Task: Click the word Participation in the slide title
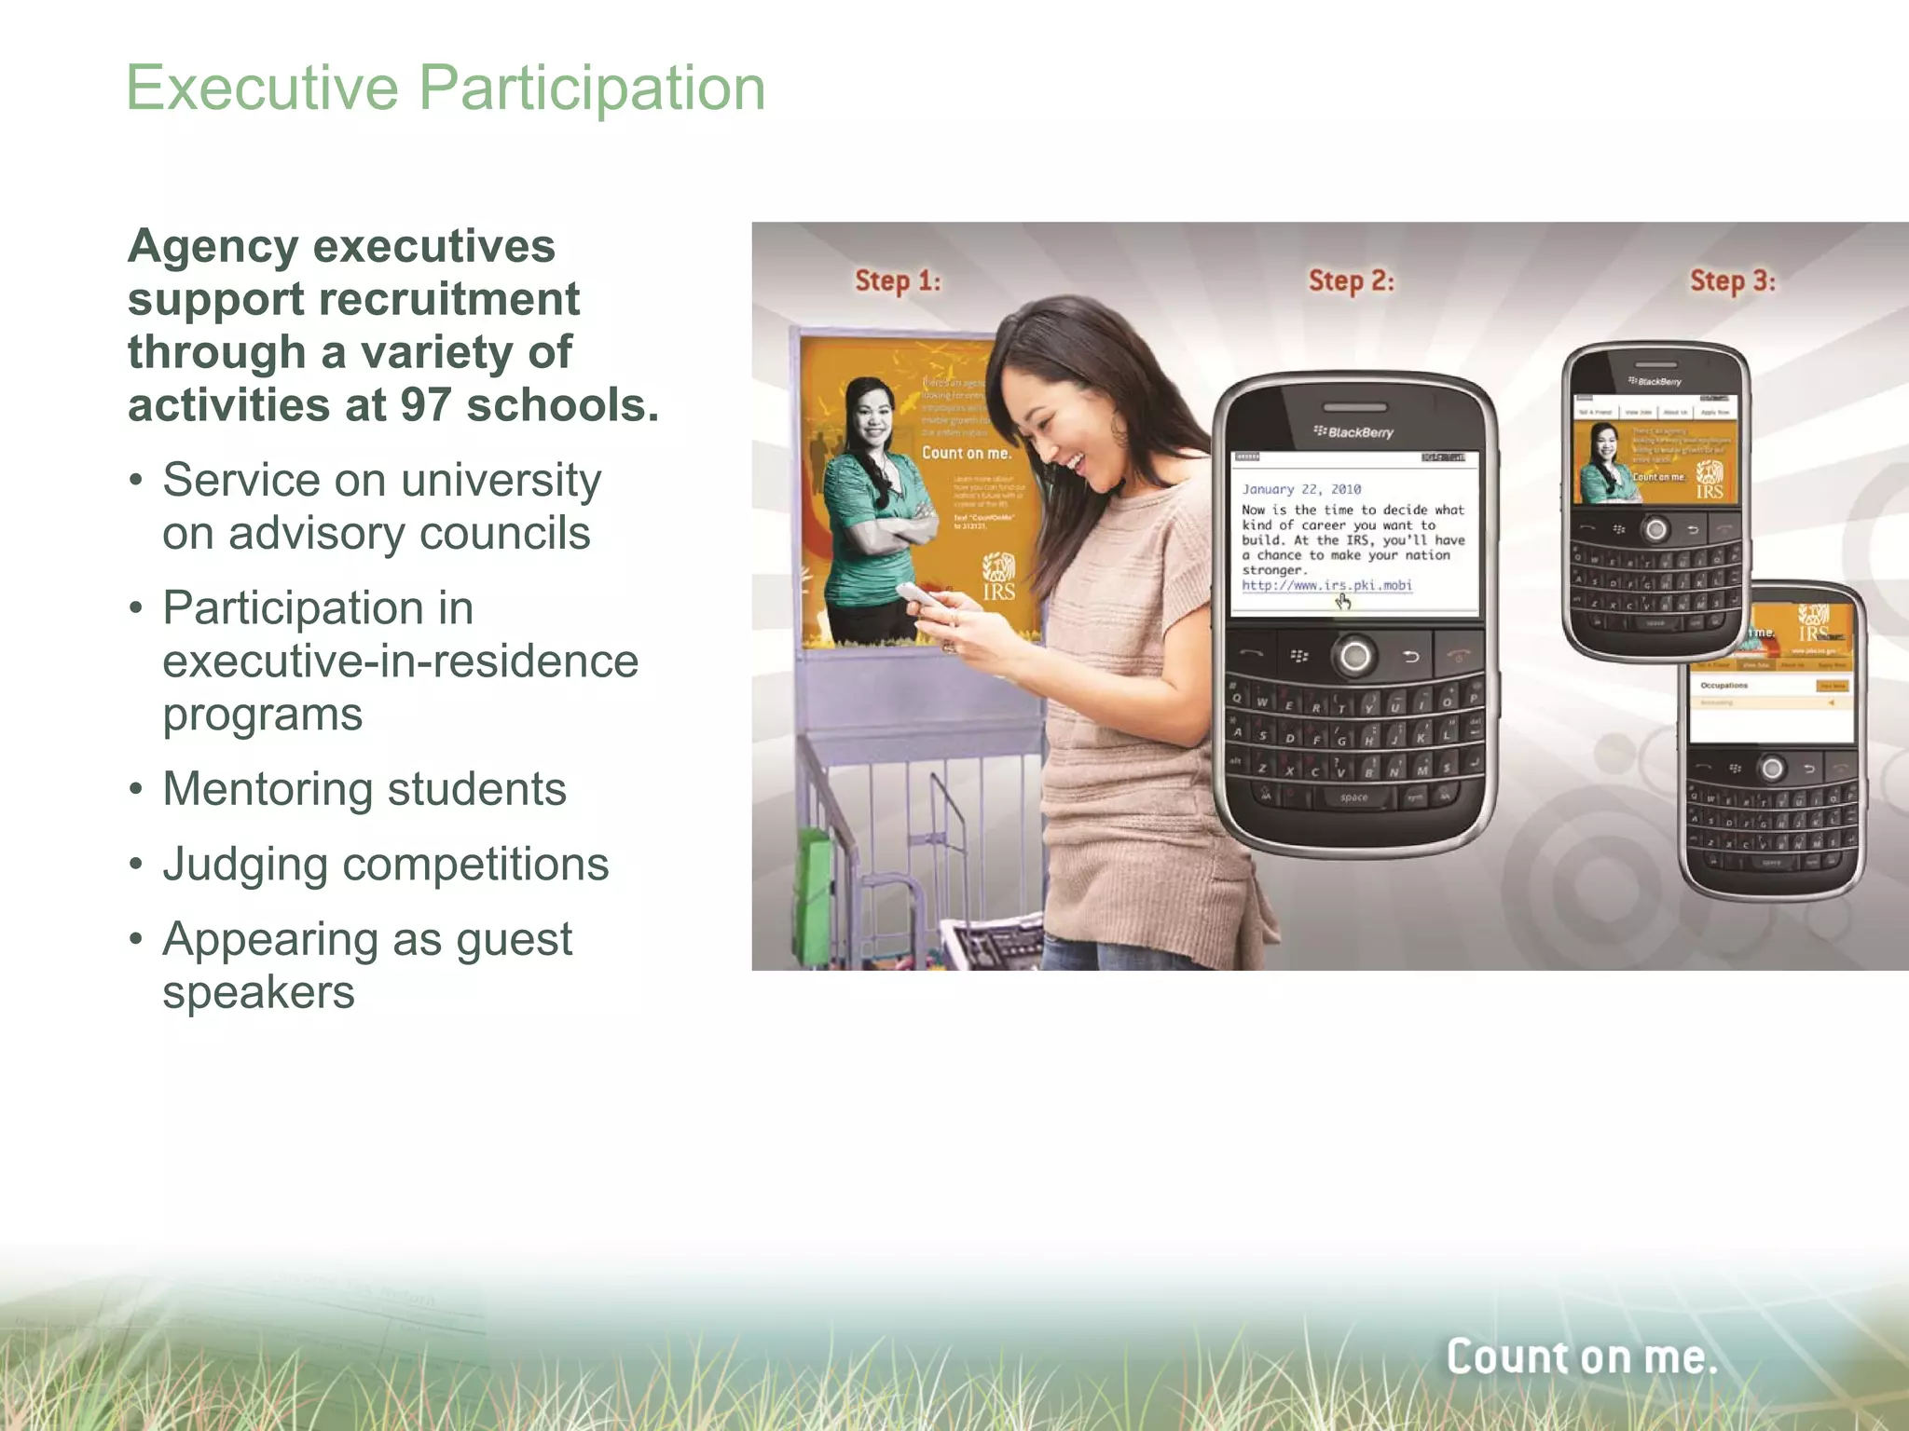pyautogui.click(x=592, y=89)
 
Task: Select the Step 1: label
pyautogui.click(x=898, y=280)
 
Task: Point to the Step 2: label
pyautogui.click(x=1351, y=280)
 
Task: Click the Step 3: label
pyautogui.click(x=1732, y=280)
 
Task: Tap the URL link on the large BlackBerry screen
pyautogui.click(x=1325, y=585)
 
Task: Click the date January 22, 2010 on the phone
pyautogui.click(x=1300, y=489)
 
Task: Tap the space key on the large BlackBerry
pyautogui.click(x=1353, y=797)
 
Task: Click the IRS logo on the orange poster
pyautogui.click(x=998, y=578)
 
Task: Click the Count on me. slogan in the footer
pyautogui.click(x=1581, y=1356)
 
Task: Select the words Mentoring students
pyautogui.click(x=364, y=789)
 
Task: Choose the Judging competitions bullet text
pyautogui.click(x=385, y=865)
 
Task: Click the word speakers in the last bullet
pyautogui.click(x=258, y=992)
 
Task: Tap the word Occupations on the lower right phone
pyautogui.click(x=1724, y=686)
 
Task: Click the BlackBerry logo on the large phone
pyautogui.click(x=1353, y=432)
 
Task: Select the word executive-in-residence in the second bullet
pyautogui.click(x=400, y=661)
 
